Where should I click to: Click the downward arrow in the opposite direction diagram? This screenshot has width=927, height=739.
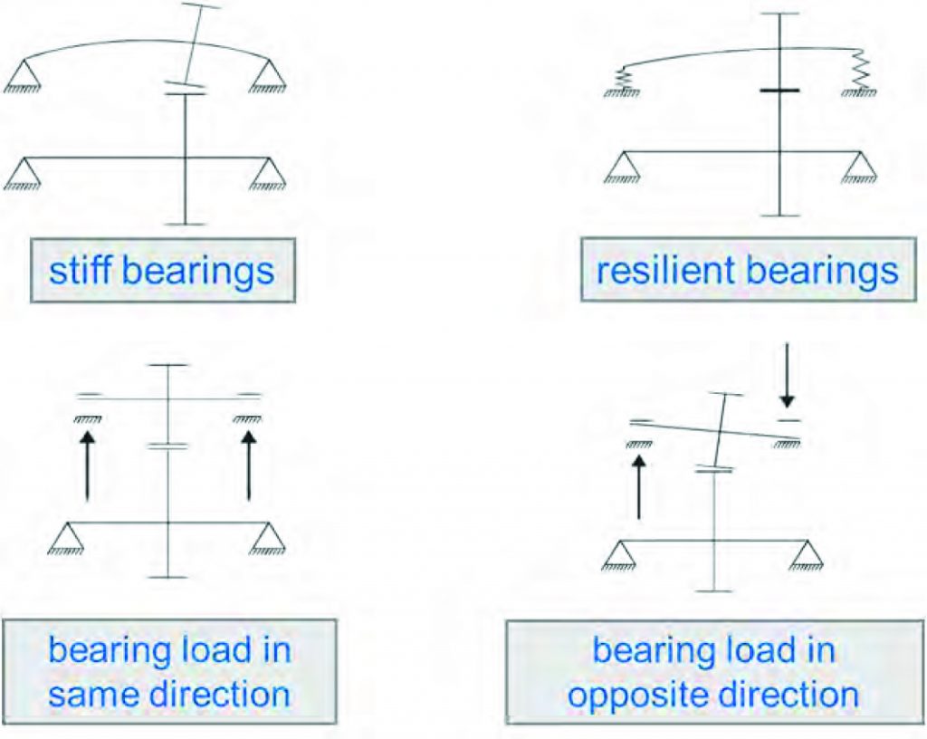[x=787, y=376]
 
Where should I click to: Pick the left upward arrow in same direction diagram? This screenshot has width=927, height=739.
[x=87, y=465]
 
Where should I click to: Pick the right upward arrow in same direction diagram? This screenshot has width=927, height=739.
[x=248, y=465]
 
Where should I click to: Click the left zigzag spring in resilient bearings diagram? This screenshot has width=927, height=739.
[x=621, y=79]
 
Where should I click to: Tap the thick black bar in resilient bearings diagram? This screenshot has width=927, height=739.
[x=779, y=91]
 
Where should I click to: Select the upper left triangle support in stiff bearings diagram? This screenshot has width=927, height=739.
[x=23, y=73]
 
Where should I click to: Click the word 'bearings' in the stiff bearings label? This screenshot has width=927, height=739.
[x=198, y=272]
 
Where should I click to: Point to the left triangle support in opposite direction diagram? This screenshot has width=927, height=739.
[x=618, y=554]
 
